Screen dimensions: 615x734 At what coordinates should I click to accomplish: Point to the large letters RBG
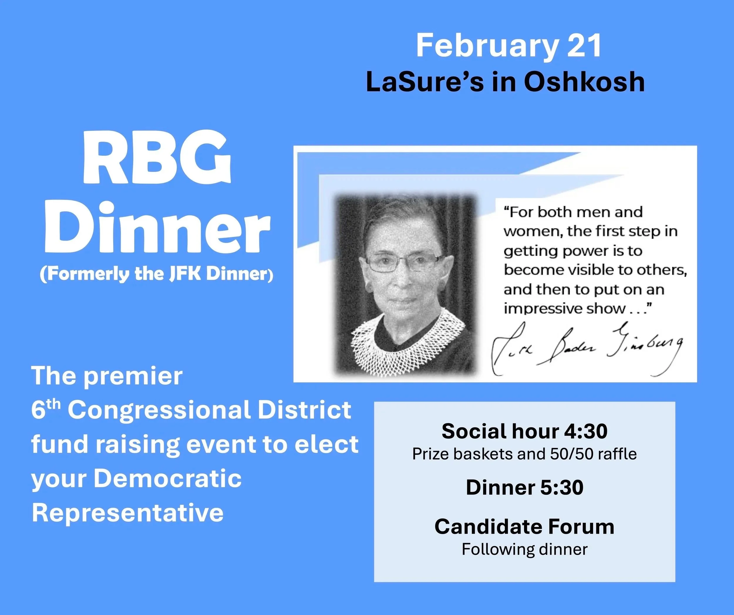tap(157, 162)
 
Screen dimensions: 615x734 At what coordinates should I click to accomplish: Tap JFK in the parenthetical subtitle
tap(185, 274)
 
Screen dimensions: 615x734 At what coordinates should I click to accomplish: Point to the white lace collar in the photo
tap(407, 344)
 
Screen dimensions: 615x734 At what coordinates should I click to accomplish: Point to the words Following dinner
tap(524, 549)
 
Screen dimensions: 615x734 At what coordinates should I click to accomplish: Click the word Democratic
tap(167, 479)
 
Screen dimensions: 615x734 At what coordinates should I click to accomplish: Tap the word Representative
tap(128, 513)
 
